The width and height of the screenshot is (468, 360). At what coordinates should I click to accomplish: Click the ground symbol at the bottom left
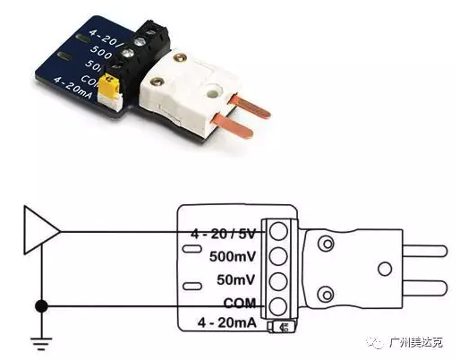(x=41, y=343)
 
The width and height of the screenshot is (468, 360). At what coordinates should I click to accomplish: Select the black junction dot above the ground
(x=41, y=306)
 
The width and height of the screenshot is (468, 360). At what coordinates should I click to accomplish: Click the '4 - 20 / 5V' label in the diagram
(x=223, y=234)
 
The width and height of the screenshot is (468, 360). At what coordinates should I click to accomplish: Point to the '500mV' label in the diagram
(x=233, y=256)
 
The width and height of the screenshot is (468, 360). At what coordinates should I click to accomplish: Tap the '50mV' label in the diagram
(x=236, y=280)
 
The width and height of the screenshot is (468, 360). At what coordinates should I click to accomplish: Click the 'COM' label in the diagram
(x=240, y=303)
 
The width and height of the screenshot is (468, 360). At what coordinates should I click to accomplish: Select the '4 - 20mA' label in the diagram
(x=227, y=322)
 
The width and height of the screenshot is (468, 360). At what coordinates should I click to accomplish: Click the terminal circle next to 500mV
(x=278, y=256)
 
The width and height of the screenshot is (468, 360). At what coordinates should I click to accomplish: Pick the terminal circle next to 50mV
(x=278, y=281)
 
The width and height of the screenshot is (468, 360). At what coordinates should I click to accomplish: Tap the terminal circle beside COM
(x=278, y=306)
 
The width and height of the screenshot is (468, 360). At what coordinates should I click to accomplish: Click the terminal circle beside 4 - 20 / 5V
(x=278, y=231)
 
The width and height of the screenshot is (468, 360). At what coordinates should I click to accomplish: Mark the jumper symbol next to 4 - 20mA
(x=282, y=326)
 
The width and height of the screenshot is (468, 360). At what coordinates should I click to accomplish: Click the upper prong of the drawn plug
(x=425, y=251)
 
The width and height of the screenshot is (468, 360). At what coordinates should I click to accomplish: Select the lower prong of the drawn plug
(x=425, y=287)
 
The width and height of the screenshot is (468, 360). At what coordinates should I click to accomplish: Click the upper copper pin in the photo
(x=250, y=106)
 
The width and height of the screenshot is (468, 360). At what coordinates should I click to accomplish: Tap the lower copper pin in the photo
(x=232, y=126)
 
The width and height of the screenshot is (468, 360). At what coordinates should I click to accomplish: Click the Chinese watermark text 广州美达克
(x=416, y=342)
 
